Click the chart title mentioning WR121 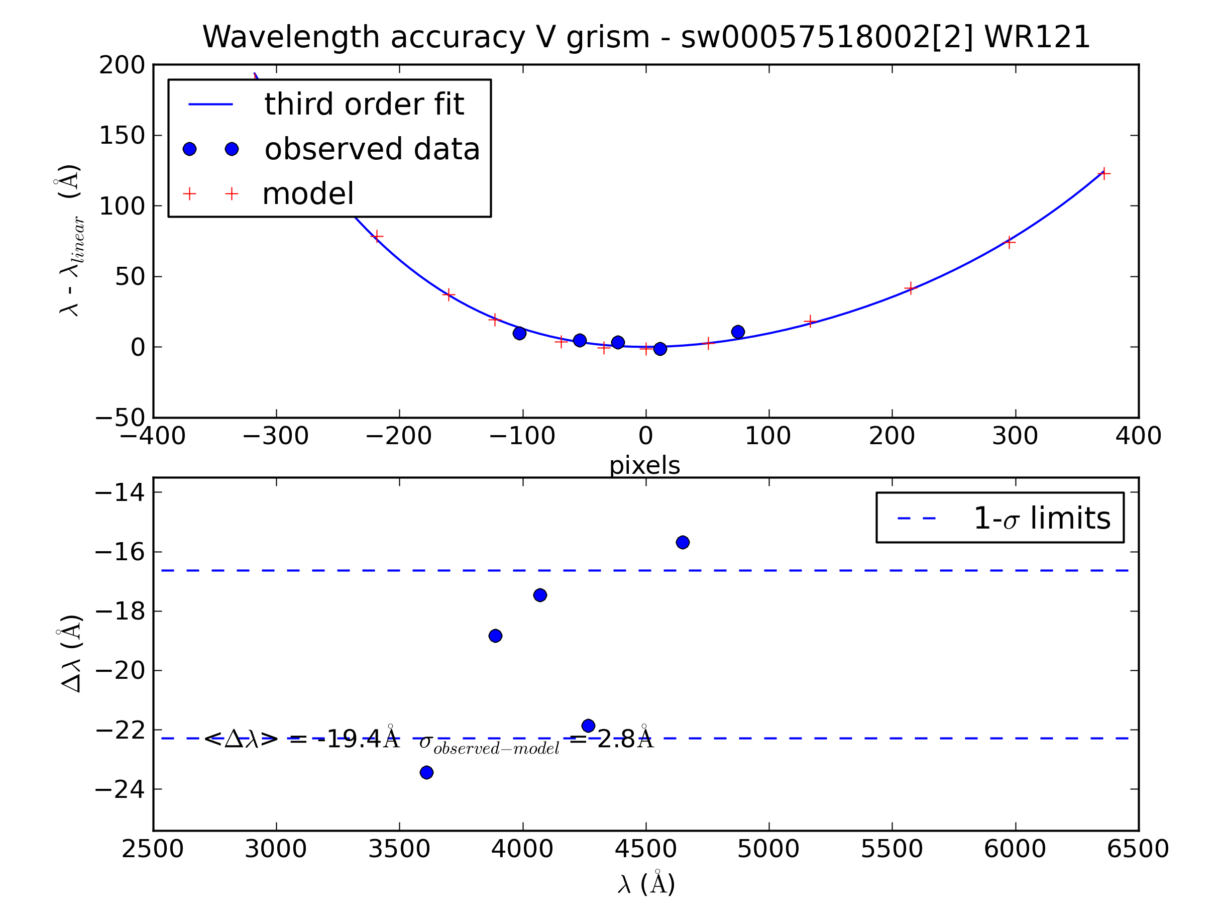tap(646, 37)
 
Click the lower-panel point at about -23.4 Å tap(426, 772)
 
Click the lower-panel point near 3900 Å tap(495, 636)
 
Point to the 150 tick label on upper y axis tap(122, 136)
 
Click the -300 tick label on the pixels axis tap(276, 436)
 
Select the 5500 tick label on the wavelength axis tap(892, 849)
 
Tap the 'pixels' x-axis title tap(645, 466)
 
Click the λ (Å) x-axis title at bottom tap(646, 884)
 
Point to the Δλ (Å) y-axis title tap(71, 653)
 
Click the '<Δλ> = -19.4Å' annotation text tap(301, 739)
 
